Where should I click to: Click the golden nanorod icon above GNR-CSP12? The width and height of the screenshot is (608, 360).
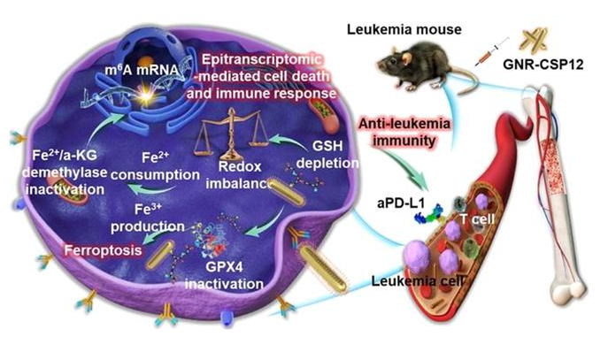pyautogui.click(x=537, y=40)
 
